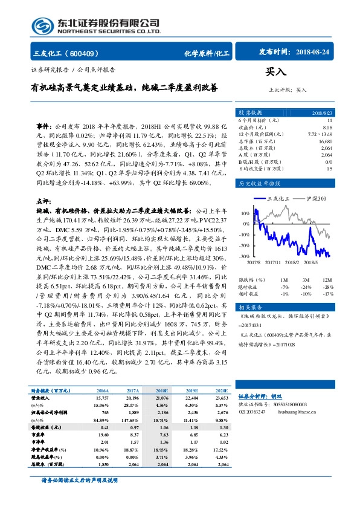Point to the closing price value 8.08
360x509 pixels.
coord(327,128)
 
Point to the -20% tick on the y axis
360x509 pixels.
coord(245,245)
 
